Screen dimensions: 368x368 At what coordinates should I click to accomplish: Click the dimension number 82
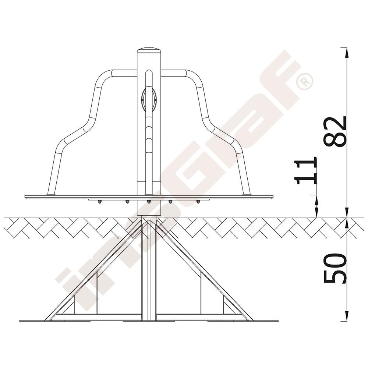point(335,132)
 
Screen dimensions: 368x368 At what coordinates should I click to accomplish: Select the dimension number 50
point(335,268)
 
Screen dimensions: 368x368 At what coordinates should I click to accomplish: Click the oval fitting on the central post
point(149,99)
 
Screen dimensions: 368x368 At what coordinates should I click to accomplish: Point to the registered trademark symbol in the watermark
point(304,81)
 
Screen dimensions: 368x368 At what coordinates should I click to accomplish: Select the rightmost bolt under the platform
point(198,202)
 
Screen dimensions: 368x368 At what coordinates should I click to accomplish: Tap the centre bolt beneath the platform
point(149,202)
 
